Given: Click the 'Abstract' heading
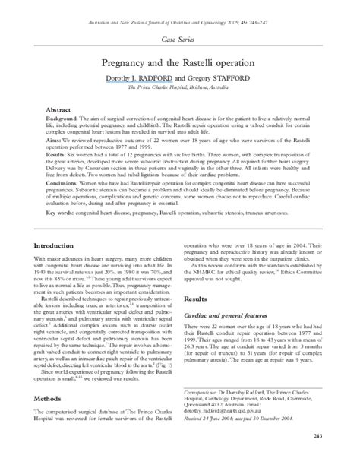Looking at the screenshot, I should (x=58, y=111).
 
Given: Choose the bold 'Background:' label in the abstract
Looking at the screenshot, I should (x=63, y=121).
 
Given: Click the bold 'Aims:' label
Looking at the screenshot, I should (x=55, y=141).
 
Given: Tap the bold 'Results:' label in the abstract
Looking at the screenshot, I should (x=58, y=154).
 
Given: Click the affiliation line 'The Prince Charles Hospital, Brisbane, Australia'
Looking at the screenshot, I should (x=180, y=88).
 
